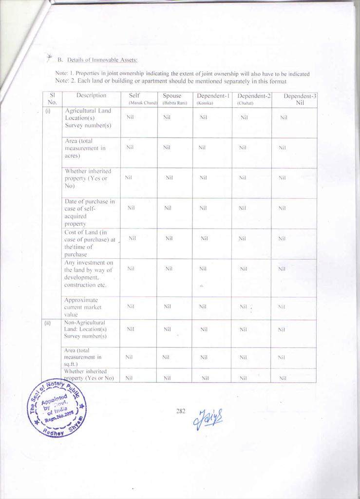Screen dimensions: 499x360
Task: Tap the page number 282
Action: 181,411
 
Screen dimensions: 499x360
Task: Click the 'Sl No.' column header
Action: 52,99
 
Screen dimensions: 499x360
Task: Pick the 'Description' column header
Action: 91,96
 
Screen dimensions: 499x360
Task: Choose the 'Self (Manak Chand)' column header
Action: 138,99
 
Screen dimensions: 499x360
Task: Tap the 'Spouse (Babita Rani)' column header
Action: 174,99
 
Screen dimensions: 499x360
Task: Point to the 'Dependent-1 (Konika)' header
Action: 212,99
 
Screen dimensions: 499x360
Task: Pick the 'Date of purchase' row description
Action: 90,212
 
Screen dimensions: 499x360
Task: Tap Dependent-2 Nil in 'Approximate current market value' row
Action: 244,307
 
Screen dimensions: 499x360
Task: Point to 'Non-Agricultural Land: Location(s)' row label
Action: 86,329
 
